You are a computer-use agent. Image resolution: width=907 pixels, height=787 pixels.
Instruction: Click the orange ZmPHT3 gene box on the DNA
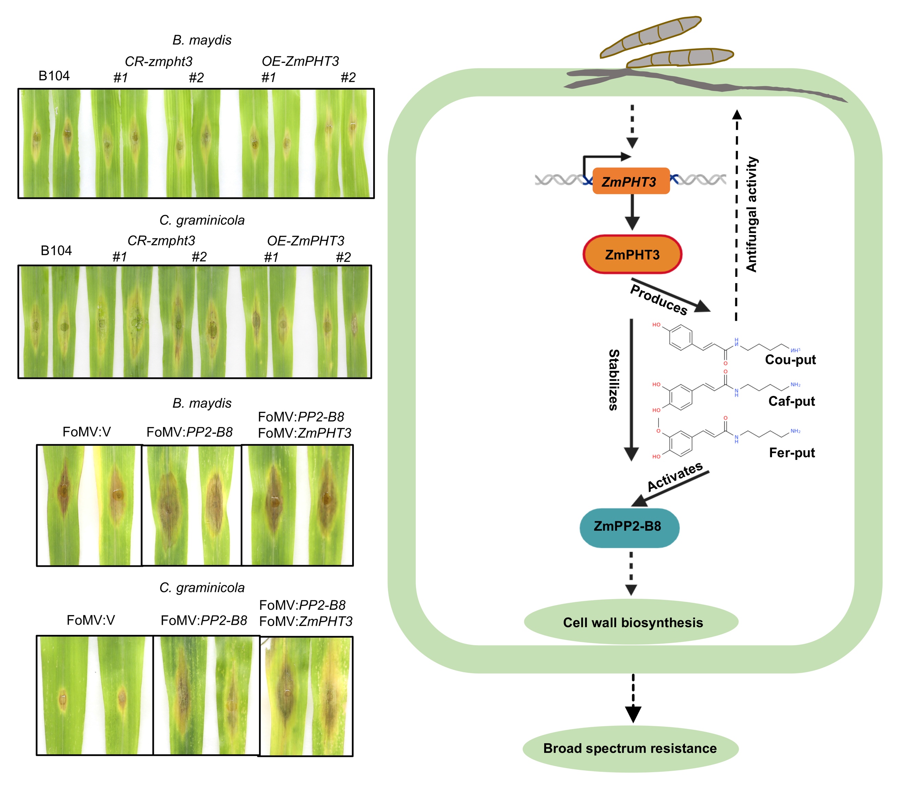[631, 181]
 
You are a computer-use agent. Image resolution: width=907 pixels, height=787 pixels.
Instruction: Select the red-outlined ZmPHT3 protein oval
[632, 254]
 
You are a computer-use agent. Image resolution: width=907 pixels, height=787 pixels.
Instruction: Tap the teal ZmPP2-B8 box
[629, 527]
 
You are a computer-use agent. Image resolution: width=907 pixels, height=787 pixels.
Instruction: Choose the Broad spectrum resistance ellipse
[630, 748]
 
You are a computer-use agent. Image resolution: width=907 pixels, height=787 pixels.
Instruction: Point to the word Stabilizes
[614, 380]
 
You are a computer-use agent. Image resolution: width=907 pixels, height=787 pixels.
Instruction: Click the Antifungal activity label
[751, 214]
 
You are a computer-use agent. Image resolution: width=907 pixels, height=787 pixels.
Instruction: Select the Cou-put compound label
[790, 360]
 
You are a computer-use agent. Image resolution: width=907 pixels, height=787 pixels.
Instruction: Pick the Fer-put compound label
[792, 452]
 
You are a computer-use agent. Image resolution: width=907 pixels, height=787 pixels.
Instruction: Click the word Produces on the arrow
[658, 300]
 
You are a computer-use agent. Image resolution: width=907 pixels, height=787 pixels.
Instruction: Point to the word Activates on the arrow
[675, 476]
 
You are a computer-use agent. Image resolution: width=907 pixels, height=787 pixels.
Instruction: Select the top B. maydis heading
[202, 40]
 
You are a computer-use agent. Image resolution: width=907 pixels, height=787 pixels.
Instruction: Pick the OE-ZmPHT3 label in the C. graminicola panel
[305, 241]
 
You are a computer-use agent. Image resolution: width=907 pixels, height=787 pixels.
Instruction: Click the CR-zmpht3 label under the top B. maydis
[159, 61]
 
